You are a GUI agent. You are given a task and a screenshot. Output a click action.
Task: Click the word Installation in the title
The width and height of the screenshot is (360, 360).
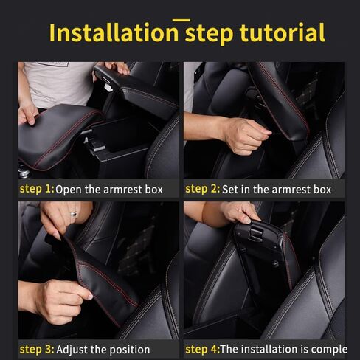coord(114,33)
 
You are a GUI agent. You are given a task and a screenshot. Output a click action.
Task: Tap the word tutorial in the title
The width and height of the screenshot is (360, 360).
coord(282,33)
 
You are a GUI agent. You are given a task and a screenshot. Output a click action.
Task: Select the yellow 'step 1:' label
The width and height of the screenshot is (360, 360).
coord(36,189)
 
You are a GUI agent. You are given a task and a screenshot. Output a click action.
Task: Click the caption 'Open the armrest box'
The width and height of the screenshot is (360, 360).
coord(108,190)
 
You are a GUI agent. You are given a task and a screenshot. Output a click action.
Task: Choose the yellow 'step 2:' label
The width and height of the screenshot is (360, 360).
coord(203,189)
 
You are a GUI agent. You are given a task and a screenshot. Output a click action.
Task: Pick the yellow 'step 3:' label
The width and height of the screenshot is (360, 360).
coord(36,348)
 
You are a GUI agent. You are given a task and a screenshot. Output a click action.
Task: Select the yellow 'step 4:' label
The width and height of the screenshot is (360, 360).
coord(202,348)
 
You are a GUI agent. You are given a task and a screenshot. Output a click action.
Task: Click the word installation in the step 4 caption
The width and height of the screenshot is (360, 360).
coord(280,349)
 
